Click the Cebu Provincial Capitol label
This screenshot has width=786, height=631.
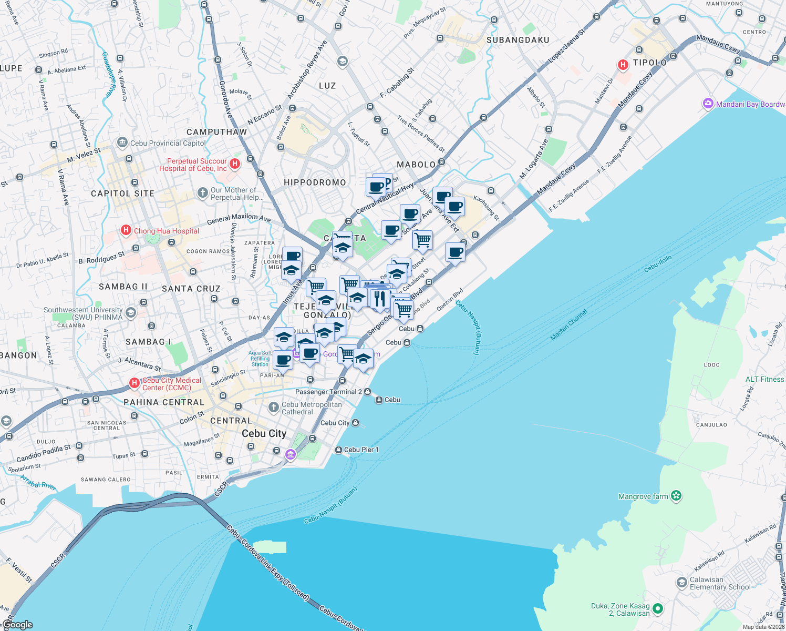(168, 143)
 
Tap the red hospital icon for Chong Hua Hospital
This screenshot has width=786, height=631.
(126, 230)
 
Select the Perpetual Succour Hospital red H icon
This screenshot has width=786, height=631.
(235, 164)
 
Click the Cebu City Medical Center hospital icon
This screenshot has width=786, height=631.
(135, 383)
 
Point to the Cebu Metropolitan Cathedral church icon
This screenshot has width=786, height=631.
(273, 408)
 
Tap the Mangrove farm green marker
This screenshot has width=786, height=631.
(676, 495)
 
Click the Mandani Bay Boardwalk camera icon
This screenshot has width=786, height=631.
(708, 104)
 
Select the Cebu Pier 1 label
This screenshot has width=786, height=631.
(361, 450)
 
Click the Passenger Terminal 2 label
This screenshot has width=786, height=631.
(328, 392)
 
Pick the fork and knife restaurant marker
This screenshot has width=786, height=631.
(379, 299)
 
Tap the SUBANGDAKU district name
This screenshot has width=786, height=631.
(518, 40)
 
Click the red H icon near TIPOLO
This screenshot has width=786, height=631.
(623, 65)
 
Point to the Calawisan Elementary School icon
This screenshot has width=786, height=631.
(681, 582)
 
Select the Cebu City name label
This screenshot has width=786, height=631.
(264, 433)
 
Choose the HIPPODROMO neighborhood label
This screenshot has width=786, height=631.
(315, 182)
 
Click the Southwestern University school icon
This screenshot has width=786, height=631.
(131, 313)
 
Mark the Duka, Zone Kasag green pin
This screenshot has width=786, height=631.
(657, 609)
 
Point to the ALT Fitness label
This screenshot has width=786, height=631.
(764, 379)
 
